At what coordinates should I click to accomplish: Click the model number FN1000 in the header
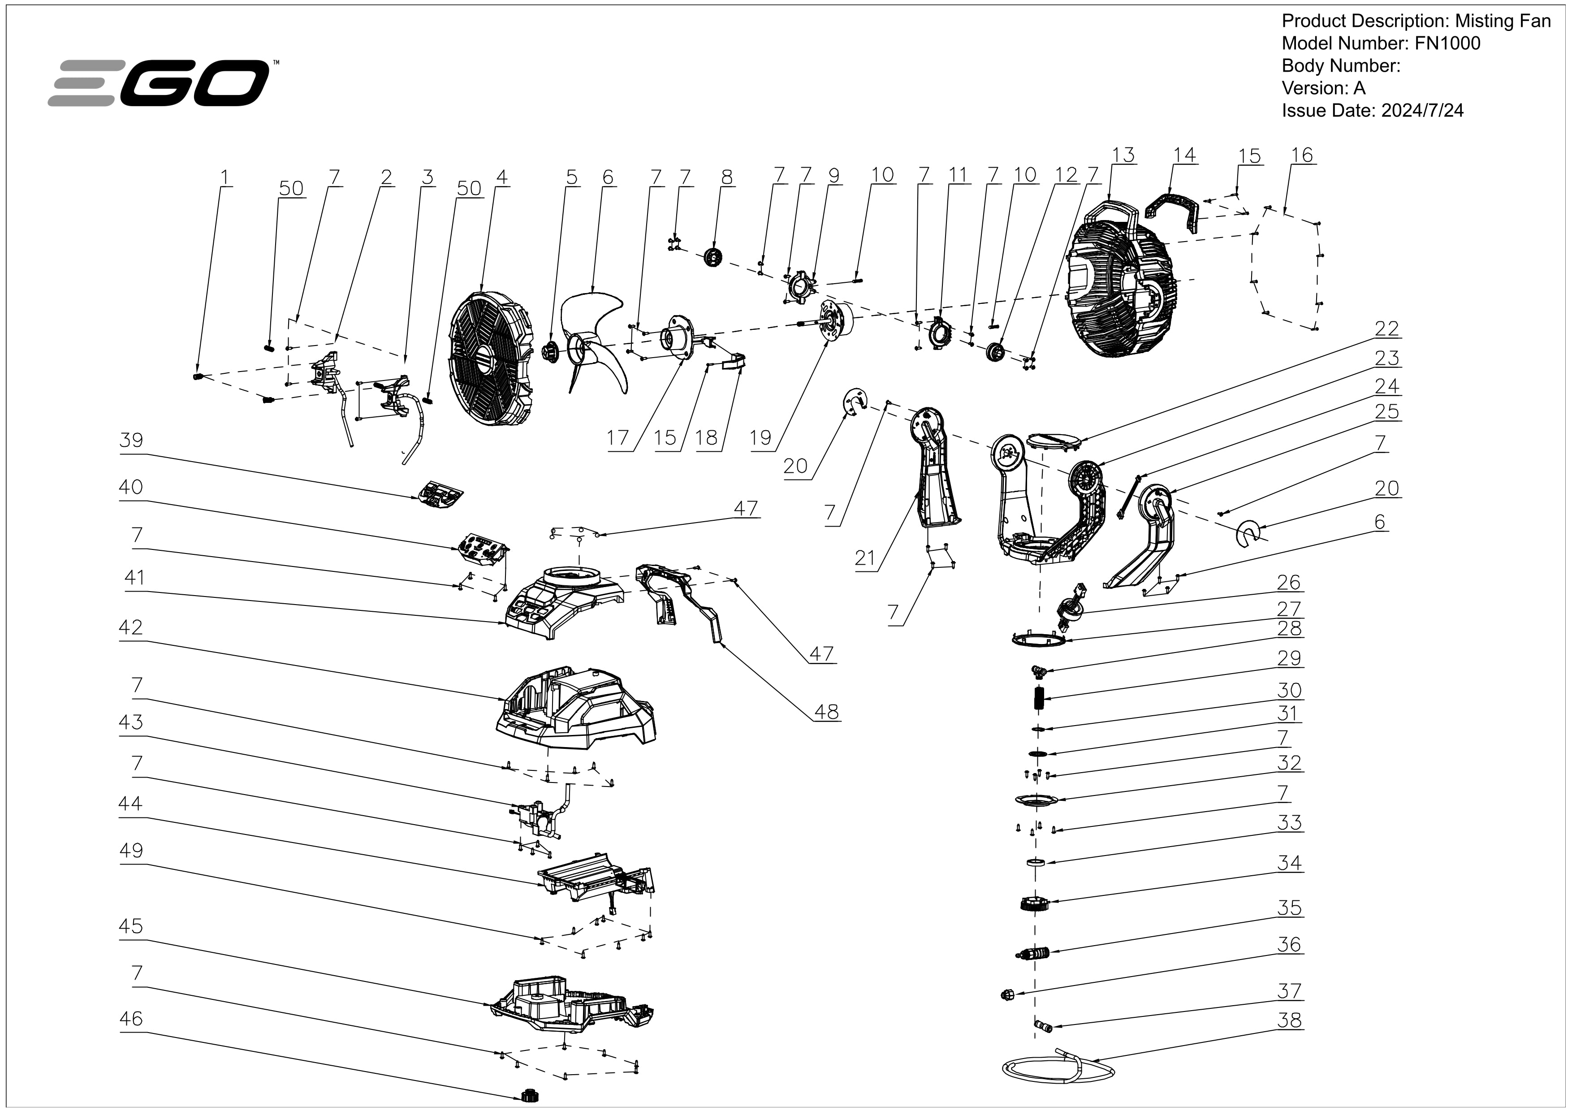coord(1447,44)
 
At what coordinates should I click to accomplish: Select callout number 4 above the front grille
coord(502,177)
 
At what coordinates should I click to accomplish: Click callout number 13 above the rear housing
coord(1123,156)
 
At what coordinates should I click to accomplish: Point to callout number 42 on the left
coord(131,628)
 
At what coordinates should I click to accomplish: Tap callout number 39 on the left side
coord(131,440)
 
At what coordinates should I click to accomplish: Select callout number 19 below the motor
coord(760,438)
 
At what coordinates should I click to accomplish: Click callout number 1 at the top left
coord(224,177)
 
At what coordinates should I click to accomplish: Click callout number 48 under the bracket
coord(826,713)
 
